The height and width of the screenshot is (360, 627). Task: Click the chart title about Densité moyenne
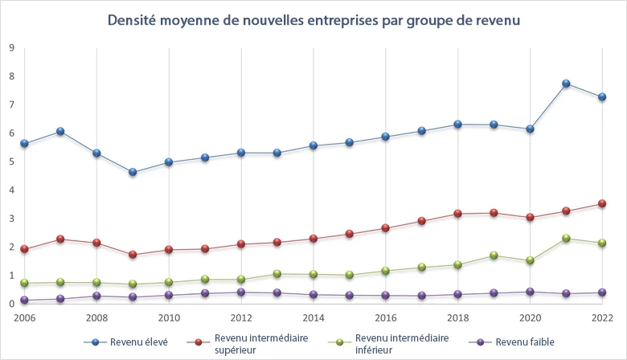click(313, 19)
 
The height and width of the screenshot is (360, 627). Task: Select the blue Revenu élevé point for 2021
click(566, 84)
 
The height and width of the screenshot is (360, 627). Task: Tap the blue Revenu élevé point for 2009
click(133, 172)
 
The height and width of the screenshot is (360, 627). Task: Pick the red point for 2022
click(602, 203)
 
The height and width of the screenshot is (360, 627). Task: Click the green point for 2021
click(566, 238)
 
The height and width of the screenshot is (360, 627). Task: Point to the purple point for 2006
click(24, 301)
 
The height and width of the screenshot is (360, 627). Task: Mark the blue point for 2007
click(60, 131)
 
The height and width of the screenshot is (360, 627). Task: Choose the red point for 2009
click(133, 255)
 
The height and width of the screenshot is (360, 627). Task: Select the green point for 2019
click(494, 256)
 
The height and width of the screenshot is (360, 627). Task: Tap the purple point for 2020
click(530, 292)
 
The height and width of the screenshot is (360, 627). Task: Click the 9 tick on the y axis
click(11, 47)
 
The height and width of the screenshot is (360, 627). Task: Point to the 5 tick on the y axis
click(11, 162)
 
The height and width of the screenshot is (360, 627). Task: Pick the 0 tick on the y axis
click(11, 304)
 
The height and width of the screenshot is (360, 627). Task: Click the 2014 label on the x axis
click(313, 317)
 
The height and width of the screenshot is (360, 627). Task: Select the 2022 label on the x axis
click(602, 317)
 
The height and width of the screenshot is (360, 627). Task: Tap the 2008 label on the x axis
click(96, 317)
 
